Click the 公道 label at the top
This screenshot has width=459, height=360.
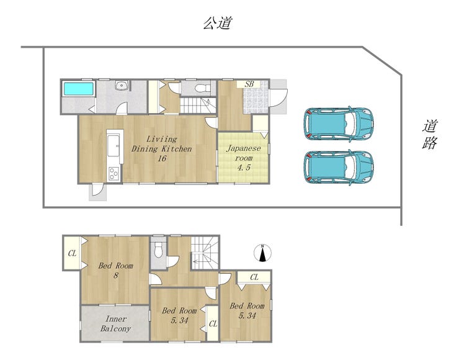click(218, 23)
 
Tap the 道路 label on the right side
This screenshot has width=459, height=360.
click(430, 135)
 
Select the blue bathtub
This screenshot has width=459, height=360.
click(79, 89)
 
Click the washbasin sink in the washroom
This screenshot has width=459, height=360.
click(120, 86)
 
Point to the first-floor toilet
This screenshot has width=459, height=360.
click(203, 88)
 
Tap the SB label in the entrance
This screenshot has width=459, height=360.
click(249, 84)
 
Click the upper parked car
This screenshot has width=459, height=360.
click(339, 124)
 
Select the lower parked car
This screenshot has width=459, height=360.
click(339, 168)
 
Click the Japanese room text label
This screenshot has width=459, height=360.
click(244, 153)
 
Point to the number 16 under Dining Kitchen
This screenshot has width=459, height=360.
click(162, 158)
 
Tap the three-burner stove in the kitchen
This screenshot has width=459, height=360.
click(114, 173)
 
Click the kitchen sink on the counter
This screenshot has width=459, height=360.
click(114, 146)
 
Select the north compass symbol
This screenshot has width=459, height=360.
click(262, 253)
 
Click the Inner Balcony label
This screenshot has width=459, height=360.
click(115, 323)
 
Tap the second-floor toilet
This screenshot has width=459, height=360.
click(158, 250)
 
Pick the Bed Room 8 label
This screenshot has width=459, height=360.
click(115, 271)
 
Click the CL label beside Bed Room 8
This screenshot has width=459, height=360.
click(72, 253)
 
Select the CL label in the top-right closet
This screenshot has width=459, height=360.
click(254, 277)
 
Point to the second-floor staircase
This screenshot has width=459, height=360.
click(205, 253)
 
